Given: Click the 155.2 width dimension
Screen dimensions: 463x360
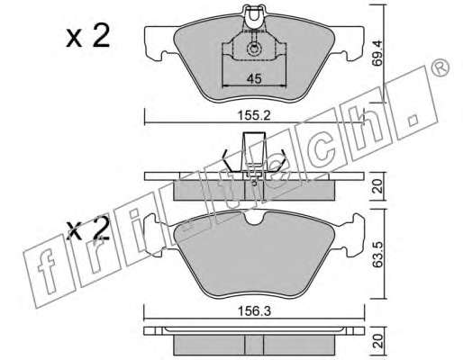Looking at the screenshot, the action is coord(254,115).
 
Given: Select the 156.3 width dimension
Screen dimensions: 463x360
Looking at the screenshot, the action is coord(254,311).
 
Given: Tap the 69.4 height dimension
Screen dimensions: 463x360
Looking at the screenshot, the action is coord(377,54).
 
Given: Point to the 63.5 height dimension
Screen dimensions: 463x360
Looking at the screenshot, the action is coord(378,255).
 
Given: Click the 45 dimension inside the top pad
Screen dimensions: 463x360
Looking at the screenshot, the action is coord(254,79).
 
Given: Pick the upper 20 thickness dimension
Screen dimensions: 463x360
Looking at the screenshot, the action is coord(377,186).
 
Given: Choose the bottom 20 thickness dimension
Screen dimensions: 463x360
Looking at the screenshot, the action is coord(377,341).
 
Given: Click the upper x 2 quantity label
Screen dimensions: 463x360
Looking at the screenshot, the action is coord(88,36).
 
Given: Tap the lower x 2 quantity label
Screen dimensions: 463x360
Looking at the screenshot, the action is coord(88,229).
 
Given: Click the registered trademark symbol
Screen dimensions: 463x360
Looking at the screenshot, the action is coord(440,67).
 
